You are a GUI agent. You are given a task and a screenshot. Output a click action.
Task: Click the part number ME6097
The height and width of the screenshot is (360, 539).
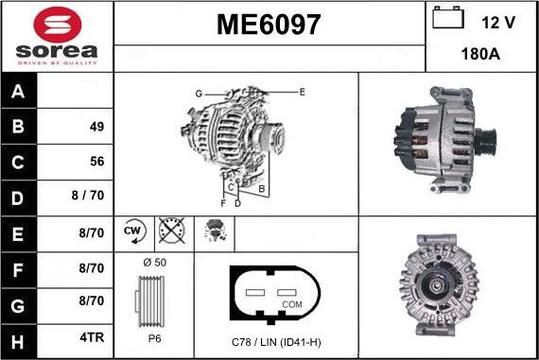(269, 26)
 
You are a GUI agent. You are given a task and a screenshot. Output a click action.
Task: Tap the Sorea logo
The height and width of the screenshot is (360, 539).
(57, 37)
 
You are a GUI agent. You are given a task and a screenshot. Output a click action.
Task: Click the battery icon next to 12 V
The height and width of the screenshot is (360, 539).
(445, 18)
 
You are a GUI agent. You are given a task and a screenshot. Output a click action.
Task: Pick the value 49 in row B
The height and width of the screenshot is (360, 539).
(96, 127)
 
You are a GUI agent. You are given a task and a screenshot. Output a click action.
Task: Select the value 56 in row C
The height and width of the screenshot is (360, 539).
(96, 162)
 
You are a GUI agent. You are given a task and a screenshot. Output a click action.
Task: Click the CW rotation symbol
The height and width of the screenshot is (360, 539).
(132, 231)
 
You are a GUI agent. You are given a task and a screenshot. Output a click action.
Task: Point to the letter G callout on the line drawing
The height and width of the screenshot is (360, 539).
(199, 94)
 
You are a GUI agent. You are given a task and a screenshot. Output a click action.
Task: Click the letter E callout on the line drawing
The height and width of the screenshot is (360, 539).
(302, 92)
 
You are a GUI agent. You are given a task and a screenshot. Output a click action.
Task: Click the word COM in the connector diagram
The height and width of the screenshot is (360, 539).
(293, 304)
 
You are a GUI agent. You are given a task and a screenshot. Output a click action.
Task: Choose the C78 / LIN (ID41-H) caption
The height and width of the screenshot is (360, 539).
(276, 340)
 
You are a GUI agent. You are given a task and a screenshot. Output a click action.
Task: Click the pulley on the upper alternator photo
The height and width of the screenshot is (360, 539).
(485, 142)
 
